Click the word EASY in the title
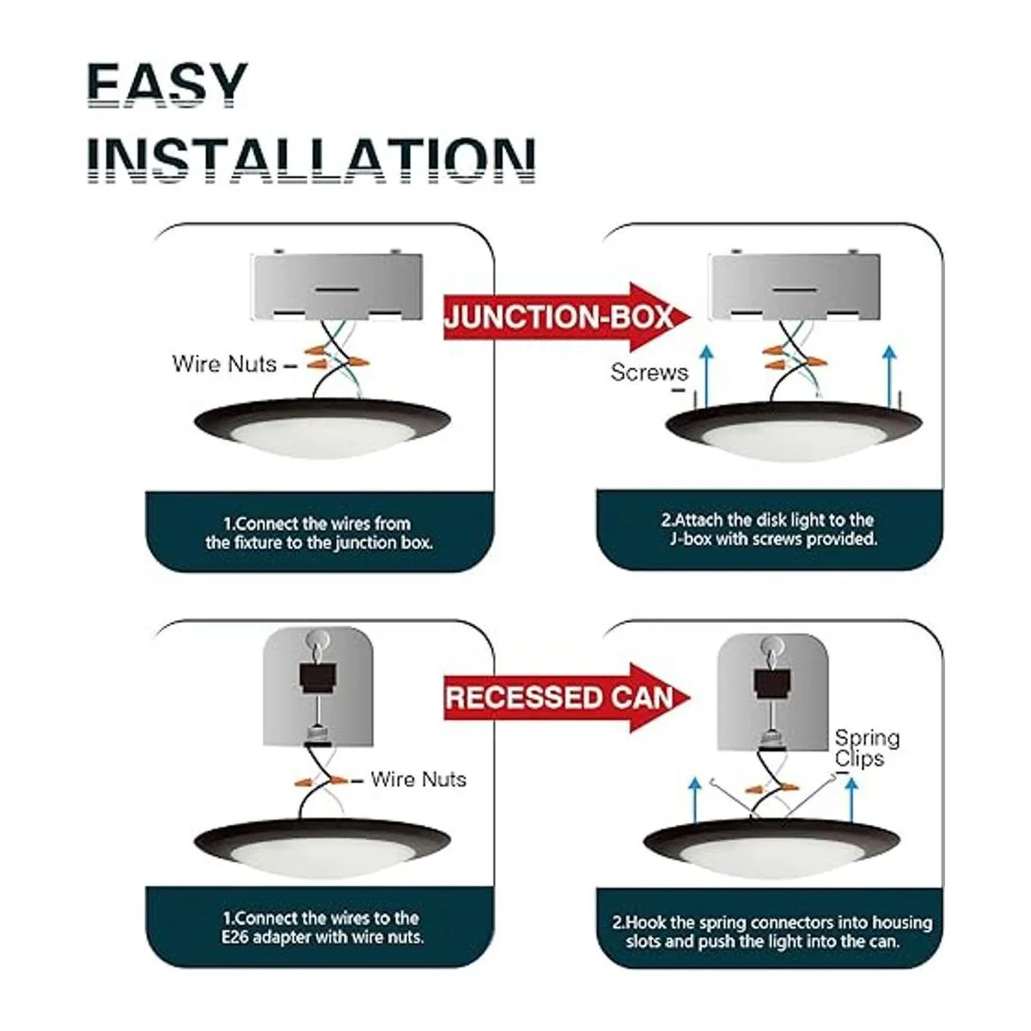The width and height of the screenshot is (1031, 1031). (x=167, y=86)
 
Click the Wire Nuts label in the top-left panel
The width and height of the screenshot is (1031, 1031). (x=225, y=364)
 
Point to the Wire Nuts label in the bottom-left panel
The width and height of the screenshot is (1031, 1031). (x=418, y=779)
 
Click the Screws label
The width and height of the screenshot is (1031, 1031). (x=650, y=373)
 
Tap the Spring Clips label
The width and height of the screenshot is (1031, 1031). (x=867, y=748)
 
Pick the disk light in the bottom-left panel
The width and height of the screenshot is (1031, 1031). (x=320, y=845)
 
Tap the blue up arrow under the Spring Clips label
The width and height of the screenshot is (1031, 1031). (x=850, y=800)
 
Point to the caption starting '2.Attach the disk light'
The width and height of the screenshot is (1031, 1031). (x=769, y=530)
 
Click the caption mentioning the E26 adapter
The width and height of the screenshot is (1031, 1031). (x=320, y=928)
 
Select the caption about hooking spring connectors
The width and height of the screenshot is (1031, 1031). (x=771, y=932)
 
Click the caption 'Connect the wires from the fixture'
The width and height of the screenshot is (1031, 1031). (x=319, y=533)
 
